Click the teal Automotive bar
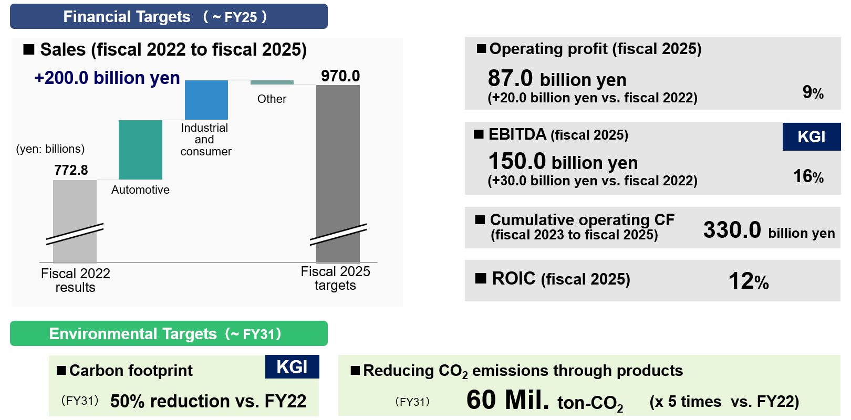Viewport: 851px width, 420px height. (x=140, y=150)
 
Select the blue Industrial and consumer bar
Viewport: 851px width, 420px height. (x=206, y=100)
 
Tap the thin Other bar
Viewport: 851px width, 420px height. (x=272, y=82)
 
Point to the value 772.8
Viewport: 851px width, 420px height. (x=71, y=170)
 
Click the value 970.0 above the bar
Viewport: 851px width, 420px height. (x=340, y=76)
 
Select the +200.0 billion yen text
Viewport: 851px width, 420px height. (x=107, y=78)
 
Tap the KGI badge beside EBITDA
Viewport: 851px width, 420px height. (x=811, y=136)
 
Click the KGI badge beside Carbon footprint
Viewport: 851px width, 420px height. (x=292, y=366)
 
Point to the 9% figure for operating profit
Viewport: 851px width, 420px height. (x=813, y=92)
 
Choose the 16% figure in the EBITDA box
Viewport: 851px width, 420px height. (x=808, y=176)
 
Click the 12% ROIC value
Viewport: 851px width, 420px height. (x=749, y=281)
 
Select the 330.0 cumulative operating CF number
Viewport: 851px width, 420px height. (x=732, y=229)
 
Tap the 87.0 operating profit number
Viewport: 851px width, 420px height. (x=510, y=78)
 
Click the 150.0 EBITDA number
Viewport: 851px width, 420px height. (x=517, y=161)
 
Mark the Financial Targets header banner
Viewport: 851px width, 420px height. (x=169, y=16)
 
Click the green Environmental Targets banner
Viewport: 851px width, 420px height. (x=169, y=333)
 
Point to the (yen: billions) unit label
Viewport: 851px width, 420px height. (x=50, y=149)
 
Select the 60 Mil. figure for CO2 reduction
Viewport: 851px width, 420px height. (x=507, y=400)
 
